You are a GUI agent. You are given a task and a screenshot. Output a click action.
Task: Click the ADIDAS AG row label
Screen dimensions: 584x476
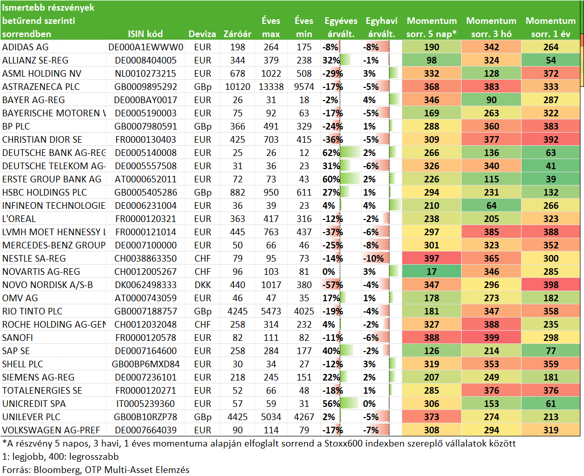click(25, 47)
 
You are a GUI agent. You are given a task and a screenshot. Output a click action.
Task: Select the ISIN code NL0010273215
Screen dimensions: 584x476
click(145, 74)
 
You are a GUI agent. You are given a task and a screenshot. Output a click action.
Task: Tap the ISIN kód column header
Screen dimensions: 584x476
click(145, 34)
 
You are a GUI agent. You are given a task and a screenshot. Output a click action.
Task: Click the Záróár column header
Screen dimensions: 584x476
click(237, 34)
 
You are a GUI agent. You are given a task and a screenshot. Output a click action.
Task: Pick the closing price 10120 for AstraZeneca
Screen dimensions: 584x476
click(238, 87)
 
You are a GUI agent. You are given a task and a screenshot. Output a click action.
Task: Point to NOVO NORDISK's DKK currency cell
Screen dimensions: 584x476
click(203, 285)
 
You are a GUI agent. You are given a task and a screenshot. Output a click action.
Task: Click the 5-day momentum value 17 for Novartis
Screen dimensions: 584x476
click(431, 272)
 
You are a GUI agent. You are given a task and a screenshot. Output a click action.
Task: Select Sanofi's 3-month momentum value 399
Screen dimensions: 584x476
click(491, 338)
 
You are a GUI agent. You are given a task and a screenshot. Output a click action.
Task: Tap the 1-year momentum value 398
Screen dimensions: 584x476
click(550, 285)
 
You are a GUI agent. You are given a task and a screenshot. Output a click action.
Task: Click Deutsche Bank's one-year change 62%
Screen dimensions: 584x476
click(331, 153)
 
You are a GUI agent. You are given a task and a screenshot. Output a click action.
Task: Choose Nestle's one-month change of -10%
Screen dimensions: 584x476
click(373, 259)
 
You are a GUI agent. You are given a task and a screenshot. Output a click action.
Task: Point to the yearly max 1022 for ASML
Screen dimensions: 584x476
click(271, 74)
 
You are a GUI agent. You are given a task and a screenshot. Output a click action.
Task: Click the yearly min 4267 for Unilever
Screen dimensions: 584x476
click(304, 417)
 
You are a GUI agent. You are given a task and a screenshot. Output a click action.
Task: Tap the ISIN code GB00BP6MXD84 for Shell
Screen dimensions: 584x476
click(146, 364)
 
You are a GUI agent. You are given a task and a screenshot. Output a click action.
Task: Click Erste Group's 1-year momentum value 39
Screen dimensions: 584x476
click(550, 179)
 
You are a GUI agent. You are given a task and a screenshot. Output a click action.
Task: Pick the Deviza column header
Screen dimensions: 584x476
click(202, 34)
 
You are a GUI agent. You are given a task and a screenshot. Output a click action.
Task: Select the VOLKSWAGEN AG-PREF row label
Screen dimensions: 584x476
click(51, 430)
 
